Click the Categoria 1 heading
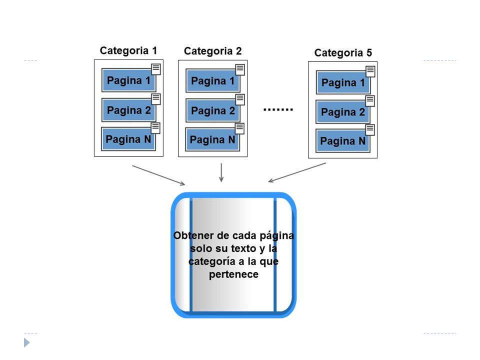[x=128, y=50]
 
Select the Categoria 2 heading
[x=213, y=51]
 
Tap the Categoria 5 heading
[x=343, y=52]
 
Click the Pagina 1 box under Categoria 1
[x=128, y=80]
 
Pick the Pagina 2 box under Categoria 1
[x=128, y=110]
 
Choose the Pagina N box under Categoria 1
[x=128, y=139]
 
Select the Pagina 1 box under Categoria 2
[x=213, y=81]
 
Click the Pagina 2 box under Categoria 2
[x=213, y=110]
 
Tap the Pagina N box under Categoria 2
[x=212, y=139]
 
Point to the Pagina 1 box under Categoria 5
[x=343, y=82]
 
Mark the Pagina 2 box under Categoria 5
[x=343, y=112]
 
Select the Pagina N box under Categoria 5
[x=343, y=141]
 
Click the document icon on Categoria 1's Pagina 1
[x=156, y=69]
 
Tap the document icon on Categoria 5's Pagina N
[x=370, y=130]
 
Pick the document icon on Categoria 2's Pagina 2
[x=240, y=99]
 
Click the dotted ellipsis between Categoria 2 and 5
[x=278, y=109]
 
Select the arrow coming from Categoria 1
[x=158, y=175]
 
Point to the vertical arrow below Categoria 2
[x=221, y=172]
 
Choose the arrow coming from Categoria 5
[x=297, y=172]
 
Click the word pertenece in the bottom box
[x=233, y=274]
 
